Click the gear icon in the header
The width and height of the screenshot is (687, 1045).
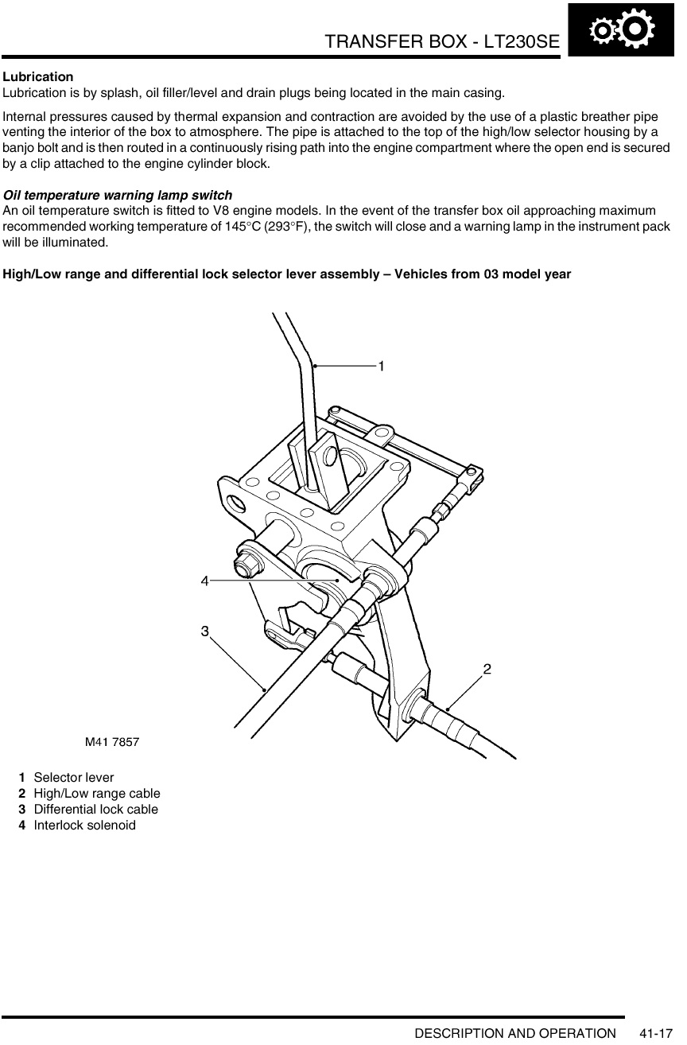pyautogui.click(x=621, y=29)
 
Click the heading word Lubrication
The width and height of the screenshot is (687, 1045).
pyautogui.click(x=38, y=76)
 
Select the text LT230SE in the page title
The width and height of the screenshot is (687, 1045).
pyautogui.click(x=522, y=41)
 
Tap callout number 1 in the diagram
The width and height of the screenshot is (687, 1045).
pyautogui.click(x=381, y=366)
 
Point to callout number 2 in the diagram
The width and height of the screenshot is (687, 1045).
pyautogui.click(x=487, y=670)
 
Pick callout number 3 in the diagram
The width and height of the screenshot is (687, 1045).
pyautogui.click(x=204, y=631)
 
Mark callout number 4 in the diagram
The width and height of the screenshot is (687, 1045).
pyautogui.click(x=204, y=581)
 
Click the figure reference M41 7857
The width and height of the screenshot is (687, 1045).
pyautogui.click(x=112, y=742)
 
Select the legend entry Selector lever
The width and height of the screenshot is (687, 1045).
pyautogui.click(x=74, y=778)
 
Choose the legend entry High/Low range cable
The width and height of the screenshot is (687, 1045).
pyautogui.click(x=97, y=794)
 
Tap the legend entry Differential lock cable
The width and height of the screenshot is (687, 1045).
pyautogui.click(x=96, y=810)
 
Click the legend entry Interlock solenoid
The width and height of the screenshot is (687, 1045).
pyautogui.click(x=85, y=826)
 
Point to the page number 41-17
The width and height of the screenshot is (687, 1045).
pyautogui.click(x=656, y=1033)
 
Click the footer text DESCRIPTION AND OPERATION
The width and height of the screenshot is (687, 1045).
pyautogui.click(x=515, y=1033)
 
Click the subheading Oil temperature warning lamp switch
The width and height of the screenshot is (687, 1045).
pyautogui.click(x=118, y=195)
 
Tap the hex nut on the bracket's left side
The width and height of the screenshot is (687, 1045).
pyautogui.click(x=246, y=565)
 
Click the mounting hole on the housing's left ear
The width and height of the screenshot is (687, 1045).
pyautogui.click(x=236, y=503)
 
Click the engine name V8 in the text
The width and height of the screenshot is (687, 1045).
pyautogui.click(x=220, y=211)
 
